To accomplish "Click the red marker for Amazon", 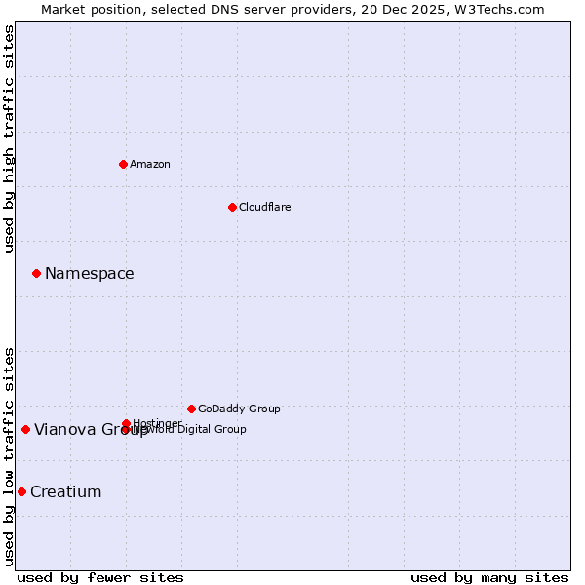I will pos(123,164).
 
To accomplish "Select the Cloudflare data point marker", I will pos(232,207).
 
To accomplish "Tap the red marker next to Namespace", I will pos(36,273).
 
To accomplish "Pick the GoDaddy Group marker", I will pos(191,409).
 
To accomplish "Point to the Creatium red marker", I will pos(21,491).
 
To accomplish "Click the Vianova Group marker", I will pos(25,429).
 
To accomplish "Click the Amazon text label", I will pos(150,164).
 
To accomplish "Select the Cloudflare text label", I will pos(264,207).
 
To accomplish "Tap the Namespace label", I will pos(89,273).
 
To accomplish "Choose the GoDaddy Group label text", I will pos(239,409).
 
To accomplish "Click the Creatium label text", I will pos(65,491).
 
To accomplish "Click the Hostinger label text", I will pos(156,423).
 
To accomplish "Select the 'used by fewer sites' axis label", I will pos(100,577).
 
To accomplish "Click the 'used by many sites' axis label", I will pos(489,577).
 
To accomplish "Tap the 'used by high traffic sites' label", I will pos(9,138).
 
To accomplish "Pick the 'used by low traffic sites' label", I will pos(9,455).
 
